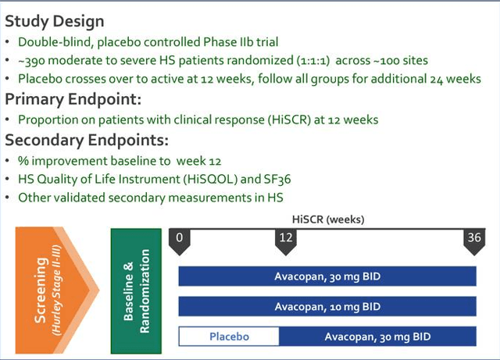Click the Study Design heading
coord(55,20)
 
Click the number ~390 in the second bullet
coord(33,60)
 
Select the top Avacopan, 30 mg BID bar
coord(327,276)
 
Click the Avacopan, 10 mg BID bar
coord(327,306)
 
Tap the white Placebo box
coord(229,337)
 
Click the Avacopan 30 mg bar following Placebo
coord(377,337)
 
